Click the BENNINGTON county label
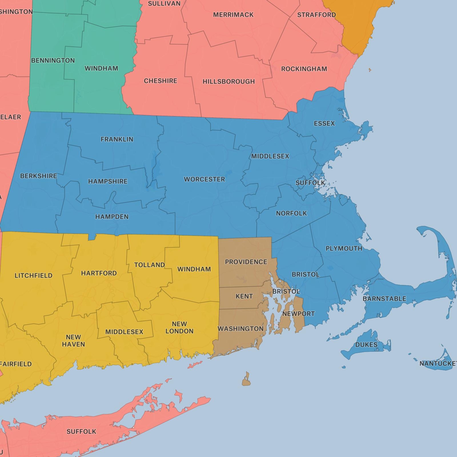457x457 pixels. coord(53,61)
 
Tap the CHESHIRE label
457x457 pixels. coord(161,81)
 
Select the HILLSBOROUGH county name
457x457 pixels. coord(228,82)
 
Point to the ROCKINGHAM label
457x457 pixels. coord(304,69)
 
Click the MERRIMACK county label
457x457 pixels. coord(233,15)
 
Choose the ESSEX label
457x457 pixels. coord(324,123)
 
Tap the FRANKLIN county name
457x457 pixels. coord(117,139)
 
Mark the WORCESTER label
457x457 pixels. coord(204,179)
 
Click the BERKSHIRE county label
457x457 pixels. coord(39,176)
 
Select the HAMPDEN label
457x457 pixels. coord(112,217)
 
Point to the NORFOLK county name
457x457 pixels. coord(291,213)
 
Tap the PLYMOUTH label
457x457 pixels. coord(344,248)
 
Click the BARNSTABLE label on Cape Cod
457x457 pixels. coord(384,299)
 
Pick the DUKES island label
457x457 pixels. coord(366,345)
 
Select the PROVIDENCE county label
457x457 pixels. coord(246,262)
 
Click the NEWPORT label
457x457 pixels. coord(298,314)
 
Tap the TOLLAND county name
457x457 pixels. coord(149,265)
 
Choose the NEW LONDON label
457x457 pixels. coord(179,328)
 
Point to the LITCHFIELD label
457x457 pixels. coord(33,276)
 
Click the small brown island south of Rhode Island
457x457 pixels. coord(246,380)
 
